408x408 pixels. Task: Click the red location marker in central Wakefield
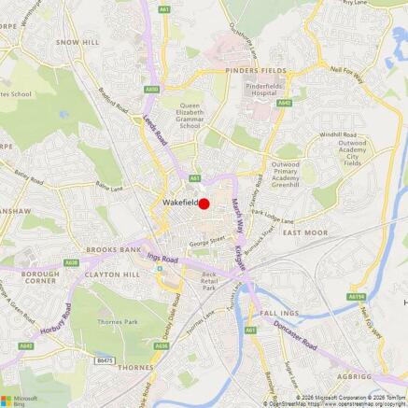(x=204, y=204)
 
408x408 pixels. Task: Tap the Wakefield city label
(x=179, y=203)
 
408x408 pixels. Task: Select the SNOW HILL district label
(x=78, y=43)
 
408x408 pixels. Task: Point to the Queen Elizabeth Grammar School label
(x=189, y=116)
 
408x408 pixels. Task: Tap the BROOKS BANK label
(x=112, y=250)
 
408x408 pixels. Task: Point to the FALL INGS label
(x=280, y=314)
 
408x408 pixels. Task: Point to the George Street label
(x=206, y=243)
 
